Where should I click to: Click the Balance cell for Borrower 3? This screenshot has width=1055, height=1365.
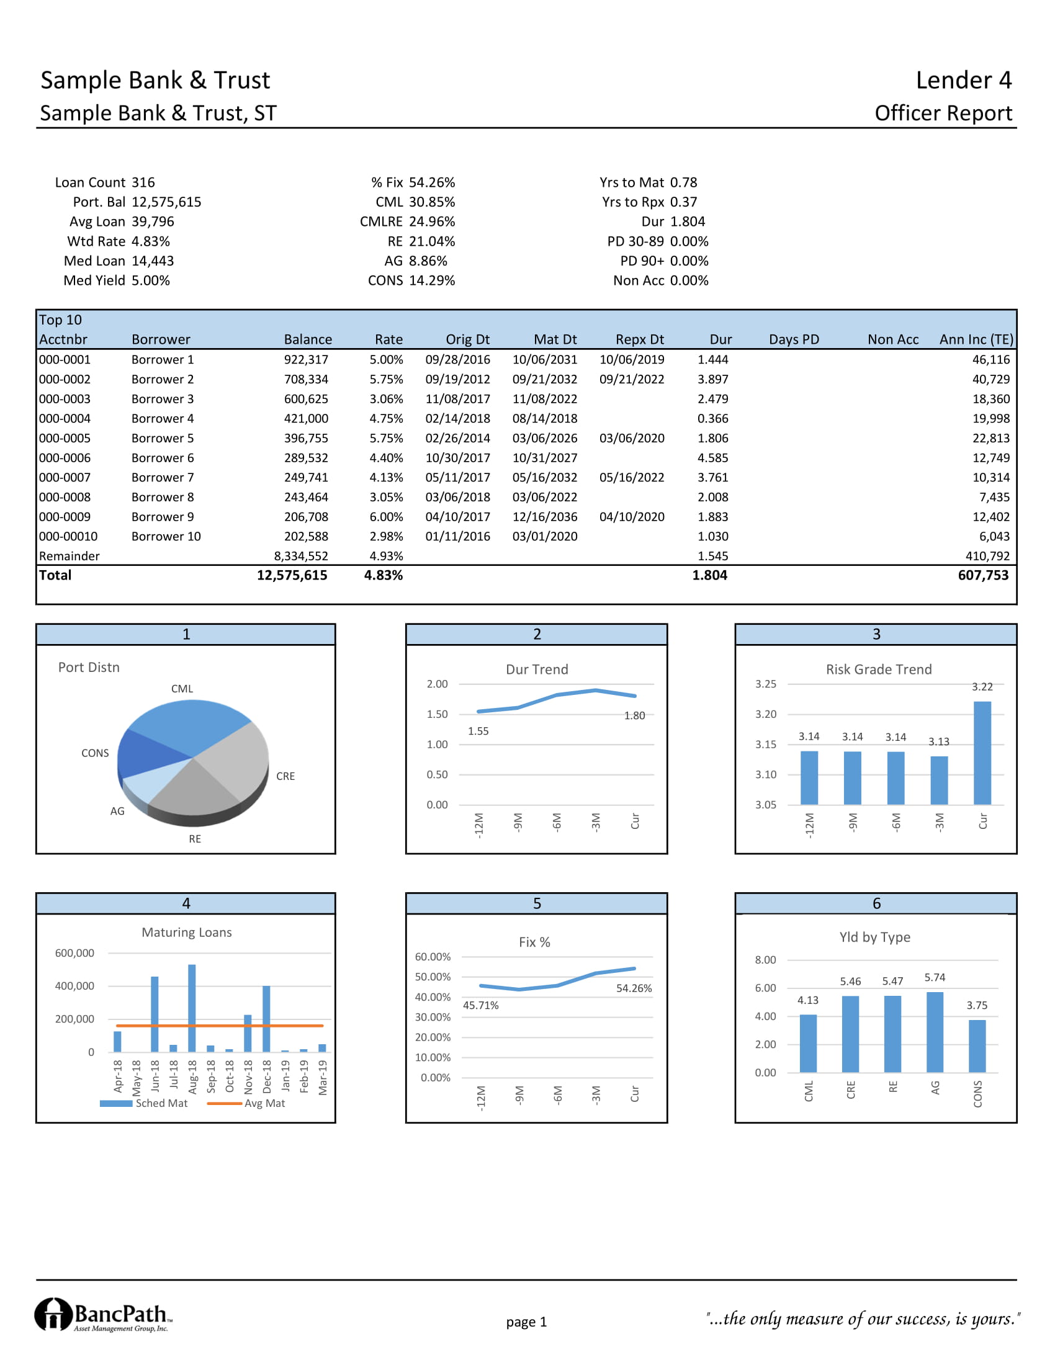(x=305, y=399)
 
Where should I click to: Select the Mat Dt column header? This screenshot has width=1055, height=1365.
(x=555, y=339)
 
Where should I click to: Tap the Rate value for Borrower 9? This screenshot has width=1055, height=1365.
(x=385, y=517)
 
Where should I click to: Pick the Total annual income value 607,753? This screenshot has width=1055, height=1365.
(x=982, y=575)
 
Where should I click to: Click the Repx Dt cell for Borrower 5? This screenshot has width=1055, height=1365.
(x=631, y=438)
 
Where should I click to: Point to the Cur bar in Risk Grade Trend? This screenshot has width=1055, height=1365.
(x=982, y=753)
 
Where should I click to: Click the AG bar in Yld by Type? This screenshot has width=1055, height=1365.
(x=935, y=1032)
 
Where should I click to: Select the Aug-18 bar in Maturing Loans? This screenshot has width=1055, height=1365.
(x=192, y=1008)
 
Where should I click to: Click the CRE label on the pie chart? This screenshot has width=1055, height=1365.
(x=285, y=776)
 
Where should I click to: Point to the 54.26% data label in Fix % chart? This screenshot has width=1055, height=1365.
(x=634, y=988)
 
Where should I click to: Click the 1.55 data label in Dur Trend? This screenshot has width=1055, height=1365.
(x=478, y=732)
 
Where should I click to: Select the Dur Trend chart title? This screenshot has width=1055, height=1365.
(x=537, y=669)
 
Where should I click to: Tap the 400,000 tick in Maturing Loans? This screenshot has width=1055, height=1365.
(x=74, y=986)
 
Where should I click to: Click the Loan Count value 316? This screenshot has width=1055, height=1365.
(x=143, y=182)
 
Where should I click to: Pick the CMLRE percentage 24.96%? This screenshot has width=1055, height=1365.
(x=432, y=222)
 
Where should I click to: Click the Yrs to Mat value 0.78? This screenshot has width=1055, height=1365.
(x=683, y=182)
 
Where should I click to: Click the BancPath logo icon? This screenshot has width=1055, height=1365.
(x=53, y=1314)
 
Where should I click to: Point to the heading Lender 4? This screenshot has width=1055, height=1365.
(x=963, y=81)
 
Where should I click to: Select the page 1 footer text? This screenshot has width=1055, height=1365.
(x=526, y=1322)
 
